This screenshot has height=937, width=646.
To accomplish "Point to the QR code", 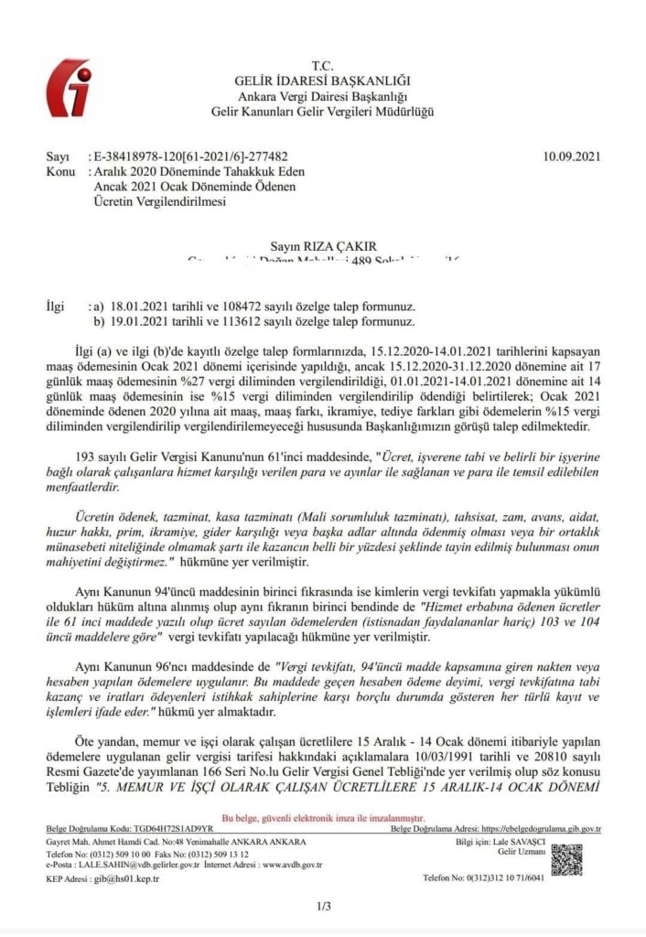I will point(566,858).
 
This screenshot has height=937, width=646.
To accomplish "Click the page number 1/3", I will point(322,907).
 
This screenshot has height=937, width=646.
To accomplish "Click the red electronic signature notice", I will point(322,822).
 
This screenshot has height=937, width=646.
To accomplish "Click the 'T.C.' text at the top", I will point(322,67).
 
